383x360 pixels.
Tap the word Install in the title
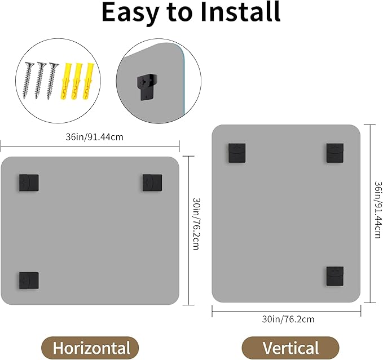coord(240,12)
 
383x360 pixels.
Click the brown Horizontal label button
coord(90,348)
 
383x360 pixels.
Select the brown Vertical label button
coord(290,348)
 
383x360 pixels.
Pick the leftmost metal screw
coord(28,81)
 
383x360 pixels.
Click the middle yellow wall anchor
coord(76,81)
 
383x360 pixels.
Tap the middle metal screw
coord(39,81)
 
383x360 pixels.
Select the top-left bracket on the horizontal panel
coord(29,183)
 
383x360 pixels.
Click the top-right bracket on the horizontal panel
coord(152,183)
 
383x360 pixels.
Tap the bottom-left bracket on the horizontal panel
coord(29,281)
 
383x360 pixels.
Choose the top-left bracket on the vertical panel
coord(237,153)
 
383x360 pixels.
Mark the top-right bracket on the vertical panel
coord(335,153)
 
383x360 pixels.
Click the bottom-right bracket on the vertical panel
coord(335,276)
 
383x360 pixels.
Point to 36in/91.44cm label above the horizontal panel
coord(95,137)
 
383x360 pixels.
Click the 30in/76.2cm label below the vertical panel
coord(288,319)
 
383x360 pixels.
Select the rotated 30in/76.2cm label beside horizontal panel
coord(196,224)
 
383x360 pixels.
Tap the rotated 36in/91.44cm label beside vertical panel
coord(378,209)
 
